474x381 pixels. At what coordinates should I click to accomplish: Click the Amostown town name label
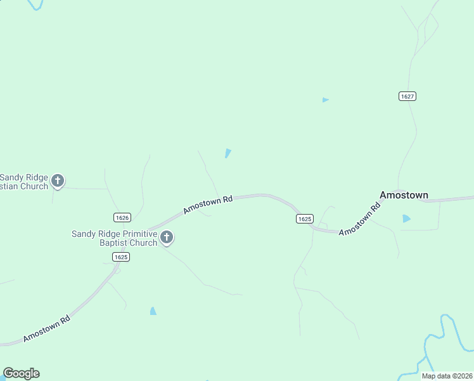403,195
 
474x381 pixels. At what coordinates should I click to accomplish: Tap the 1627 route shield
407,96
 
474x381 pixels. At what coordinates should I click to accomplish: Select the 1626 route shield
122,217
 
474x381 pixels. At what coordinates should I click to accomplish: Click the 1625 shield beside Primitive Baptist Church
121,257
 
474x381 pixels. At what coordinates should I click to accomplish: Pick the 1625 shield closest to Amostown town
304,218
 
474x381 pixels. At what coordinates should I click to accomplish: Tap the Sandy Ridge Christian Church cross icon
58,181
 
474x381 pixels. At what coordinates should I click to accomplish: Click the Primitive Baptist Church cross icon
167,238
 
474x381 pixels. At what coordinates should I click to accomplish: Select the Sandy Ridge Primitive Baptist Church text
114,238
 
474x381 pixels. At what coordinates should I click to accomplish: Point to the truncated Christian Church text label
23,182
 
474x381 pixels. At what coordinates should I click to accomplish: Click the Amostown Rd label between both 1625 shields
208,204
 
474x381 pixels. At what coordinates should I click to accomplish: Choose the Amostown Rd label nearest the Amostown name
359,219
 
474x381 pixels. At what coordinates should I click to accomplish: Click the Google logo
21,373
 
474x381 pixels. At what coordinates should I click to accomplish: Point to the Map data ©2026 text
446,376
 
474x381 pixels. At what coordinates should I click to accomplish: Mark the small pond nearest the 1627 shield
325,100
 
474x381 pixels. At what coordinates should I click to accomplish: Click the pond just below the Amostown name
406,218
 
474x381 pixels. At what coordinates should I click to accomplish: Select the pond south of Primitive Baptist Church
153,311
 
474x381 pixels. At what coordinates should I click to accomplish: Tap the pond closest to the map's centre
227,153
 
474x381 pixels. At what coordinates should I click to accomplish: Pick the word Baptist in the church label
113,243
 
